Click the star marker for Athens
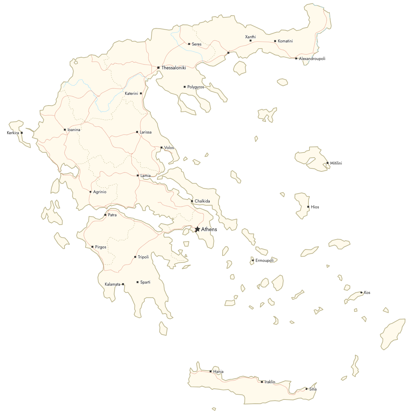point(197,229)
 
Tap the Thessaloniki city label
point(174,68)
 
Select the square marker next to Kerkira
point(22,133)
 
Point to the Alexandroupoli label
point(312,59)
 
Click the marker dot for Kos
point(361,293)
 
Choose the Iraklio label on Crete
point(270,382)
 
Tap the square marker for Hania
point(210,371)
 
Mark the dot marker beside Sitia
point(306,389)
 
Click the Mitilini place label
point(336,163)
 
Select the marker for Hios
point(308,207)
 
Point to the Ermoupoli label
point(264,260)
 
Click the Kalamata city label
point(112,284)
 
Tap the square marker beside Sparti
point(137,282)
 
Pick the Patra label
point(112,215)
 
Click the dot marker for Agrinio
point(90,192)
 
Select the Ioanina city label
point(74,130)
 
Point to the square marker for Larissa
point(137,132)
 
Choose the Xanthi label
point(250,37)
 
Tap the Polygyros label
point(196,87)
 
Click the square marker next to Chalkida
point(192,201)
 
